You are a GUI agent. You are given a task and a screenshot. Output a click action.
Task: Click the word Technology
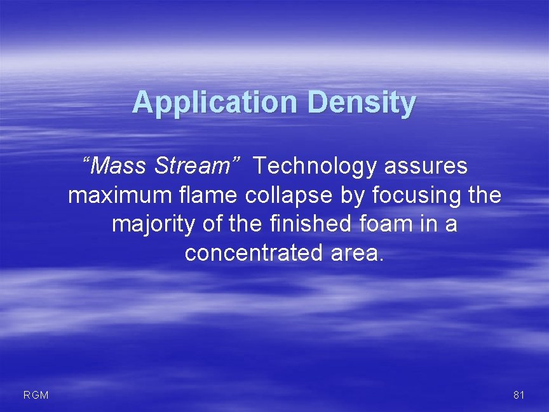pos(315,167)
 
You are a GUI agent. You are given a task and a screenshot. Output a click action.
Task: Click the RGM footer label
pos(36,395)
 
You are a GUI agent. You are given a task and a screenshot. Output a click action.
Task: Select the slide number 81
pos(518,395)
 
